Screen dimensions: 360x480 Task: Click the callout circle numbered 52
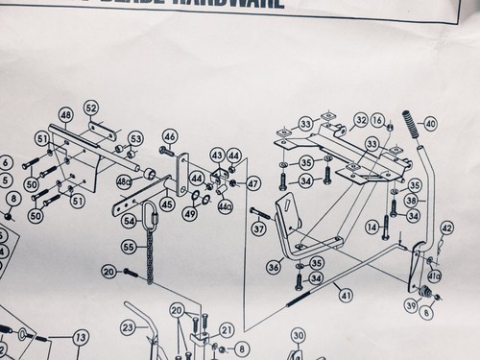pyautogui.click(x=91, y=107)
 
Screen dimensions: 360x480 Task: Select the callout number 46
pyautogui.click(x=169, y=136)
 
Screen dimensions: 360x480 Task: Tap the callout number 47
pyautogui.click(x=253, y=182)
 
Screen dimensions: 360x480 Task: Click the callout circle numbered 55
pyautogui.click(x=128, y=248)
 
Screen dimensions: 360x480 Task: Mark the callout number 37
pyautogui.click(x=257, y=228)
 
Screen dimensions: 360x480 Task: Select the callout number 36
pyautogui.click(x=274, y=268)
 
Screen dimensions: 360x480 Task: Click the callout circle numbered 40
pyautogui.click(x=429, y=123)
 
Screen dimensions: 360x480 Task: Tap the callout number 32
pyautogui.click(x=362, y=119)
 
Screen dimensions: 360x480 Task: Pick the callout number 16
pyautogui.click(x=377, y=119)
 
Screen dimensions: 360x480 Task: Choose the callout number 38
pyautogui.click(x=412, y=202)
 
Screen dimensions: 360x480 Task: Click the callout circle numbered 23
pyautogui.click(x=128, y=327)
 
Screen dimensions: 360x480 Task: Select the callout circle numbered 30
pyautogui.click(x=298, y=335)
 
